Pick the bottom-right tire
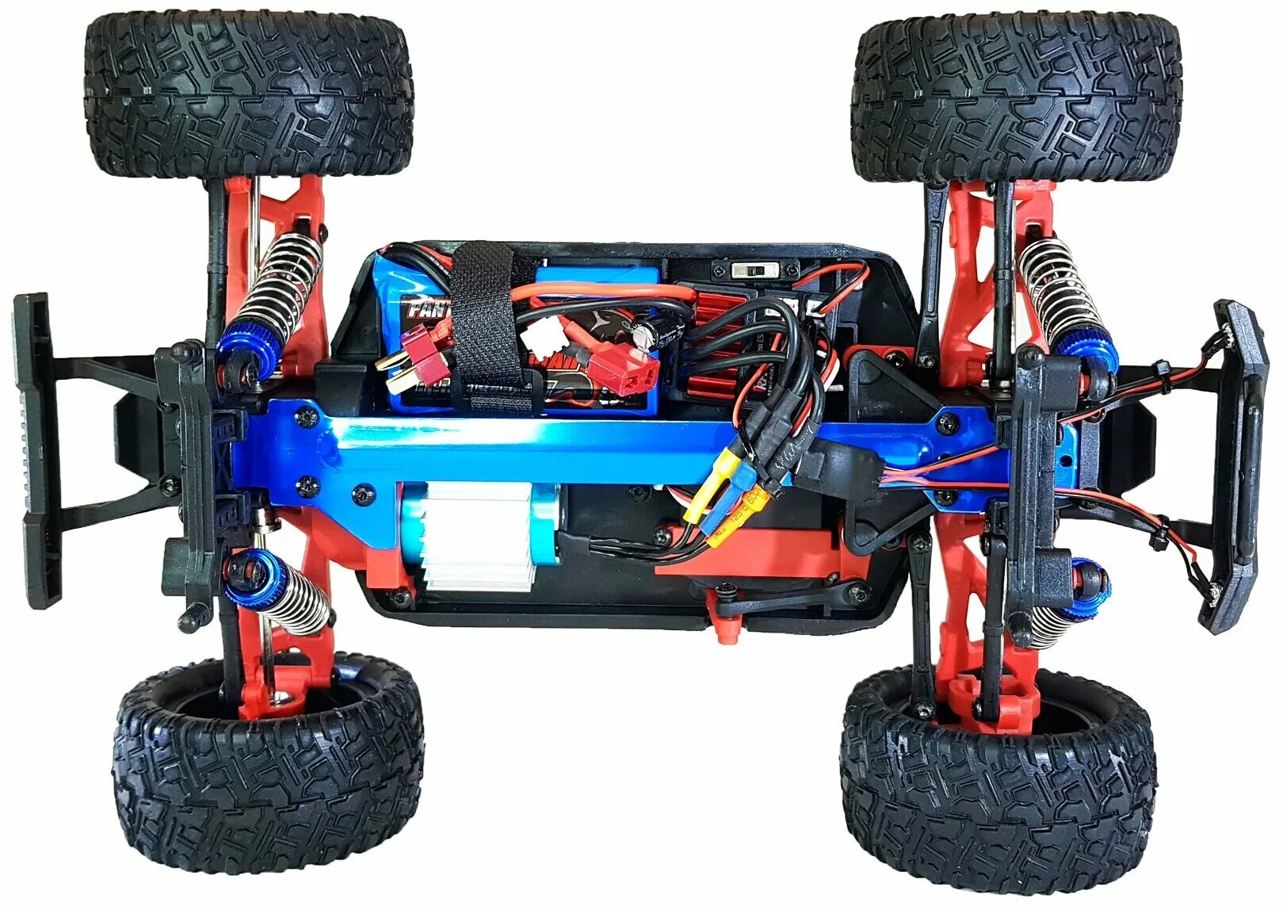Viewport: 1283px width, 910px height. coord(999,781)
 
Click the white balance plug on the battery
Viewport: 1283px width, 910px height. coord(544,339)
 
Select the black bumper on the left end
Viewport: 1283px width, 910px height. coord(36,448)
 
